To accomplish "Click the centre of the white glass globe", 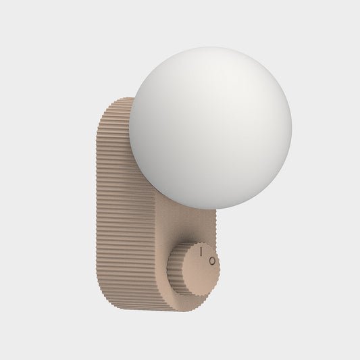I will tap(210, 128).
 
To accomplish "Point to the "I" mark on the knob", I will tap(201, 251).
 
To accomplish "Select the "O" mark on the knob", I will tap(211, 260).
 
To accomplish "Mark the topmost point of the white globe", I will tap(210, 47).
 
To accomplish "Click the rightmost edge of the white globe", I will tap(291, 128).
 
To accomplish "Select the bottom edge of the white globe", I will tap(210, 209).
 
